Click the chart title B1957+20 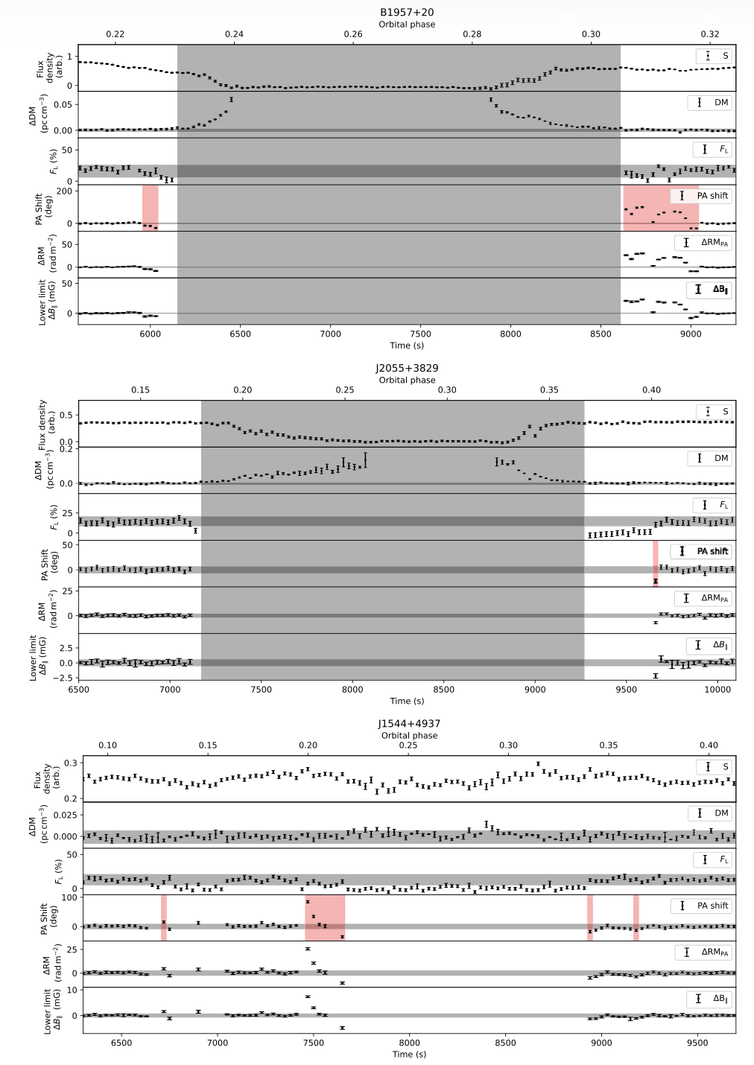tap(407, 13)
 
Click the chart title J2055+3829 tap(407, 368)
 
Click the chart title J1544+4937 tap(409, 723)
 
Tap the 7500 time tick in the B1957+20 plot tap(420, 334)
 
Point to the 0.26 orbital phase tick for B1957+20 tap(353, 34)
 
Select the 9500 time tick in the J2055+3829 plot tap(627, 689)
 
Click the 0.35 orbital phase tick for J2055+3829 tap(549, 390)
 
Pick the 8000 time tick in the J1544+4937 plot tap(410, 1043)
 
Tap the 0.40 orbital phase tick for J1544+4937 tap(709, 745)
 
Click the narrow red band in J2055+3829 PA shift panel tap(656, 564)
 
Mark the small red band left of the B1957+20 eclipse tap(151, 208)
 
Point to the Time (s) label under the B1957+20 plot tap(407, 346)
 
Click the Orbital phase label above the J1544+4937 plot tap(409, 735)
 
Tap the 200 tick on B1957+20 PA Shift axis tap(65, 191)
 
